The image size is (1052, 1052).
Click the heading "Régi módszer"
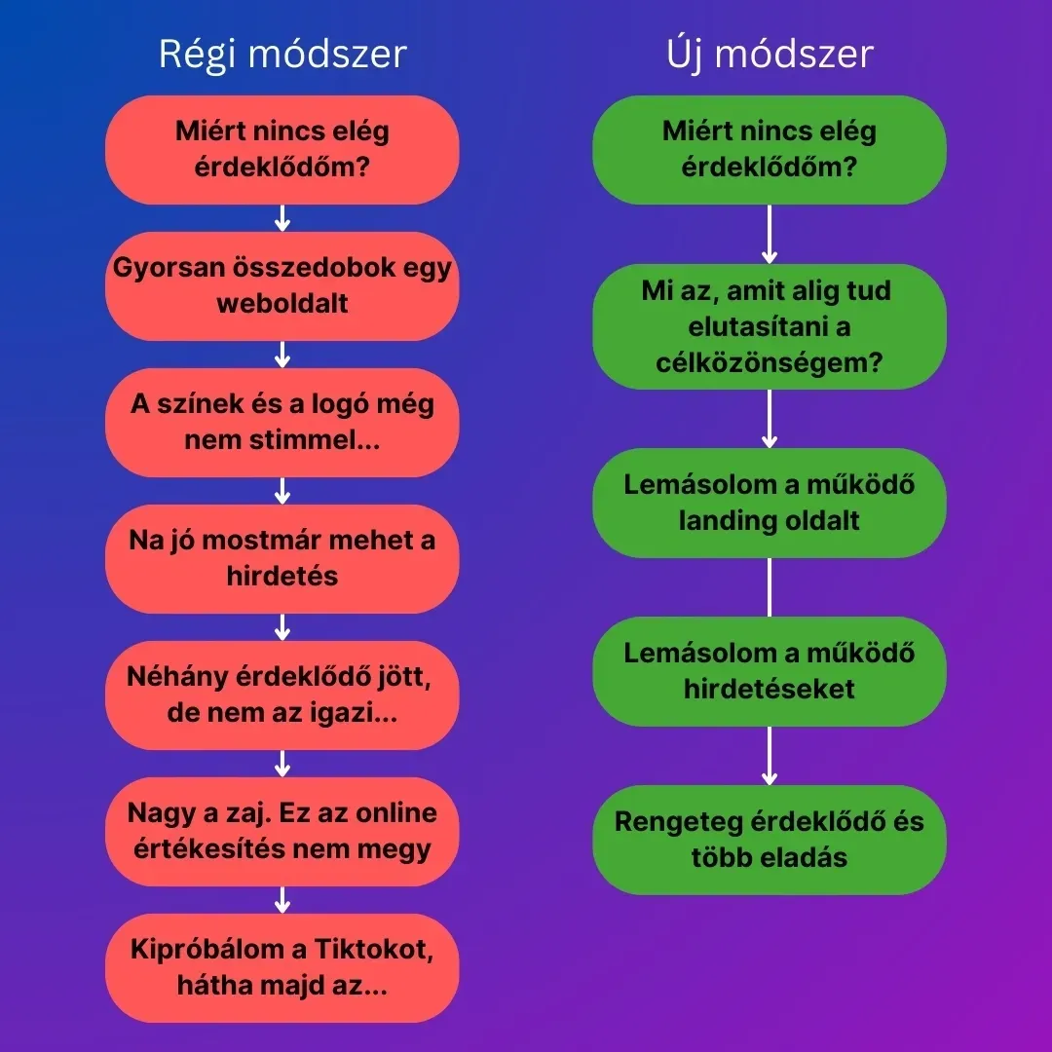click(x=282, y=55)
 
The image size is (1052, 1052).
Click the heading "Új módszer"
click(x=770, y=55)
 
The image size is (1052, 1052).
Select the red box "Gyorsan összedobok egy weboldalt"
click(x=282, y=285)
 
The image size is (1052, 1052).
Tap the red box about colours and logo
click(x=282, y=422)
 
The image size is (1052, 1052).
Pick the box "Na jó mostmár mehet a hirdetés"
click(x=282, y=558)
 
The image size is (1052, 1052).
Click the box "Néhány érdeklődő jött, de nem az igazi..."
click(x=282, y=695)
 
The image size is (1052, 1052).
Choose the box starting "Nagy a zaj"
click(x=282, y=831)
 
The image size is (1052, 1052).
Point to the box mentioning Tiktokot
click(x=282, y=967)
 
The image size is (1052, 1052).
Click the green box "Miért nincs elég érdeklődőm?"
click(x=770, y=150)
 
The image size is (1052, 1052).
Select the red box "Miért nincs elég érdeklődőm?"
click(x=282, y=150)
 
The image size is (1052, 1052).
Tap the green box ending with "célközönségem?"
click(x=770, y=326)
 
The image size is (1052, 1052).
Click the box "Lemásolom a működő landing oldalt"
click(x=770, y=503)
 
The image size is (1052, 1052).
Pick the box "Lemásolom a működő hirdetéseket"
click(x=770, y=671)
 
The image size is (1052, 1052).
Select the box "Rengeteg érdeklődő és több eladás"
click(x=770, y=840)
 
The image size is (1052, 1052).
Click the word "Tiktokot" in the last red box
click(x=374, y=950)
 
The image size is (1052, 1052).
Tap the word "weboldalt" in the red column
click(x=282, y=303)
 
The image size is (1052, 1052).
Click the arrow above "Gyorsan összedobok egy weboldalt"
click(x=282, y=218)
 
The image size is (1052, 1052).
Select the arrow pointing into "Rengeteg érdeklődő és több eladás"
click(x=770, y=756)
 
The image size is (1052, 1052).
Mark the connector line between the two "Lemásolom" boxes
click(x=770, y=587)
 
